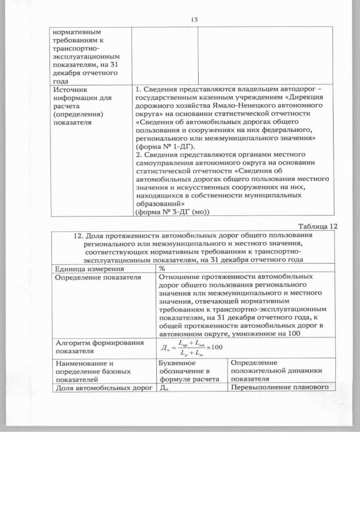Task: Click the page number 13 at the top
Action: [194, 19]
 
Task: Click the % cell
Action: [163, 269]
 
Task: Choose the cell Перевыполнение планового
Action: [278, 388]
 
